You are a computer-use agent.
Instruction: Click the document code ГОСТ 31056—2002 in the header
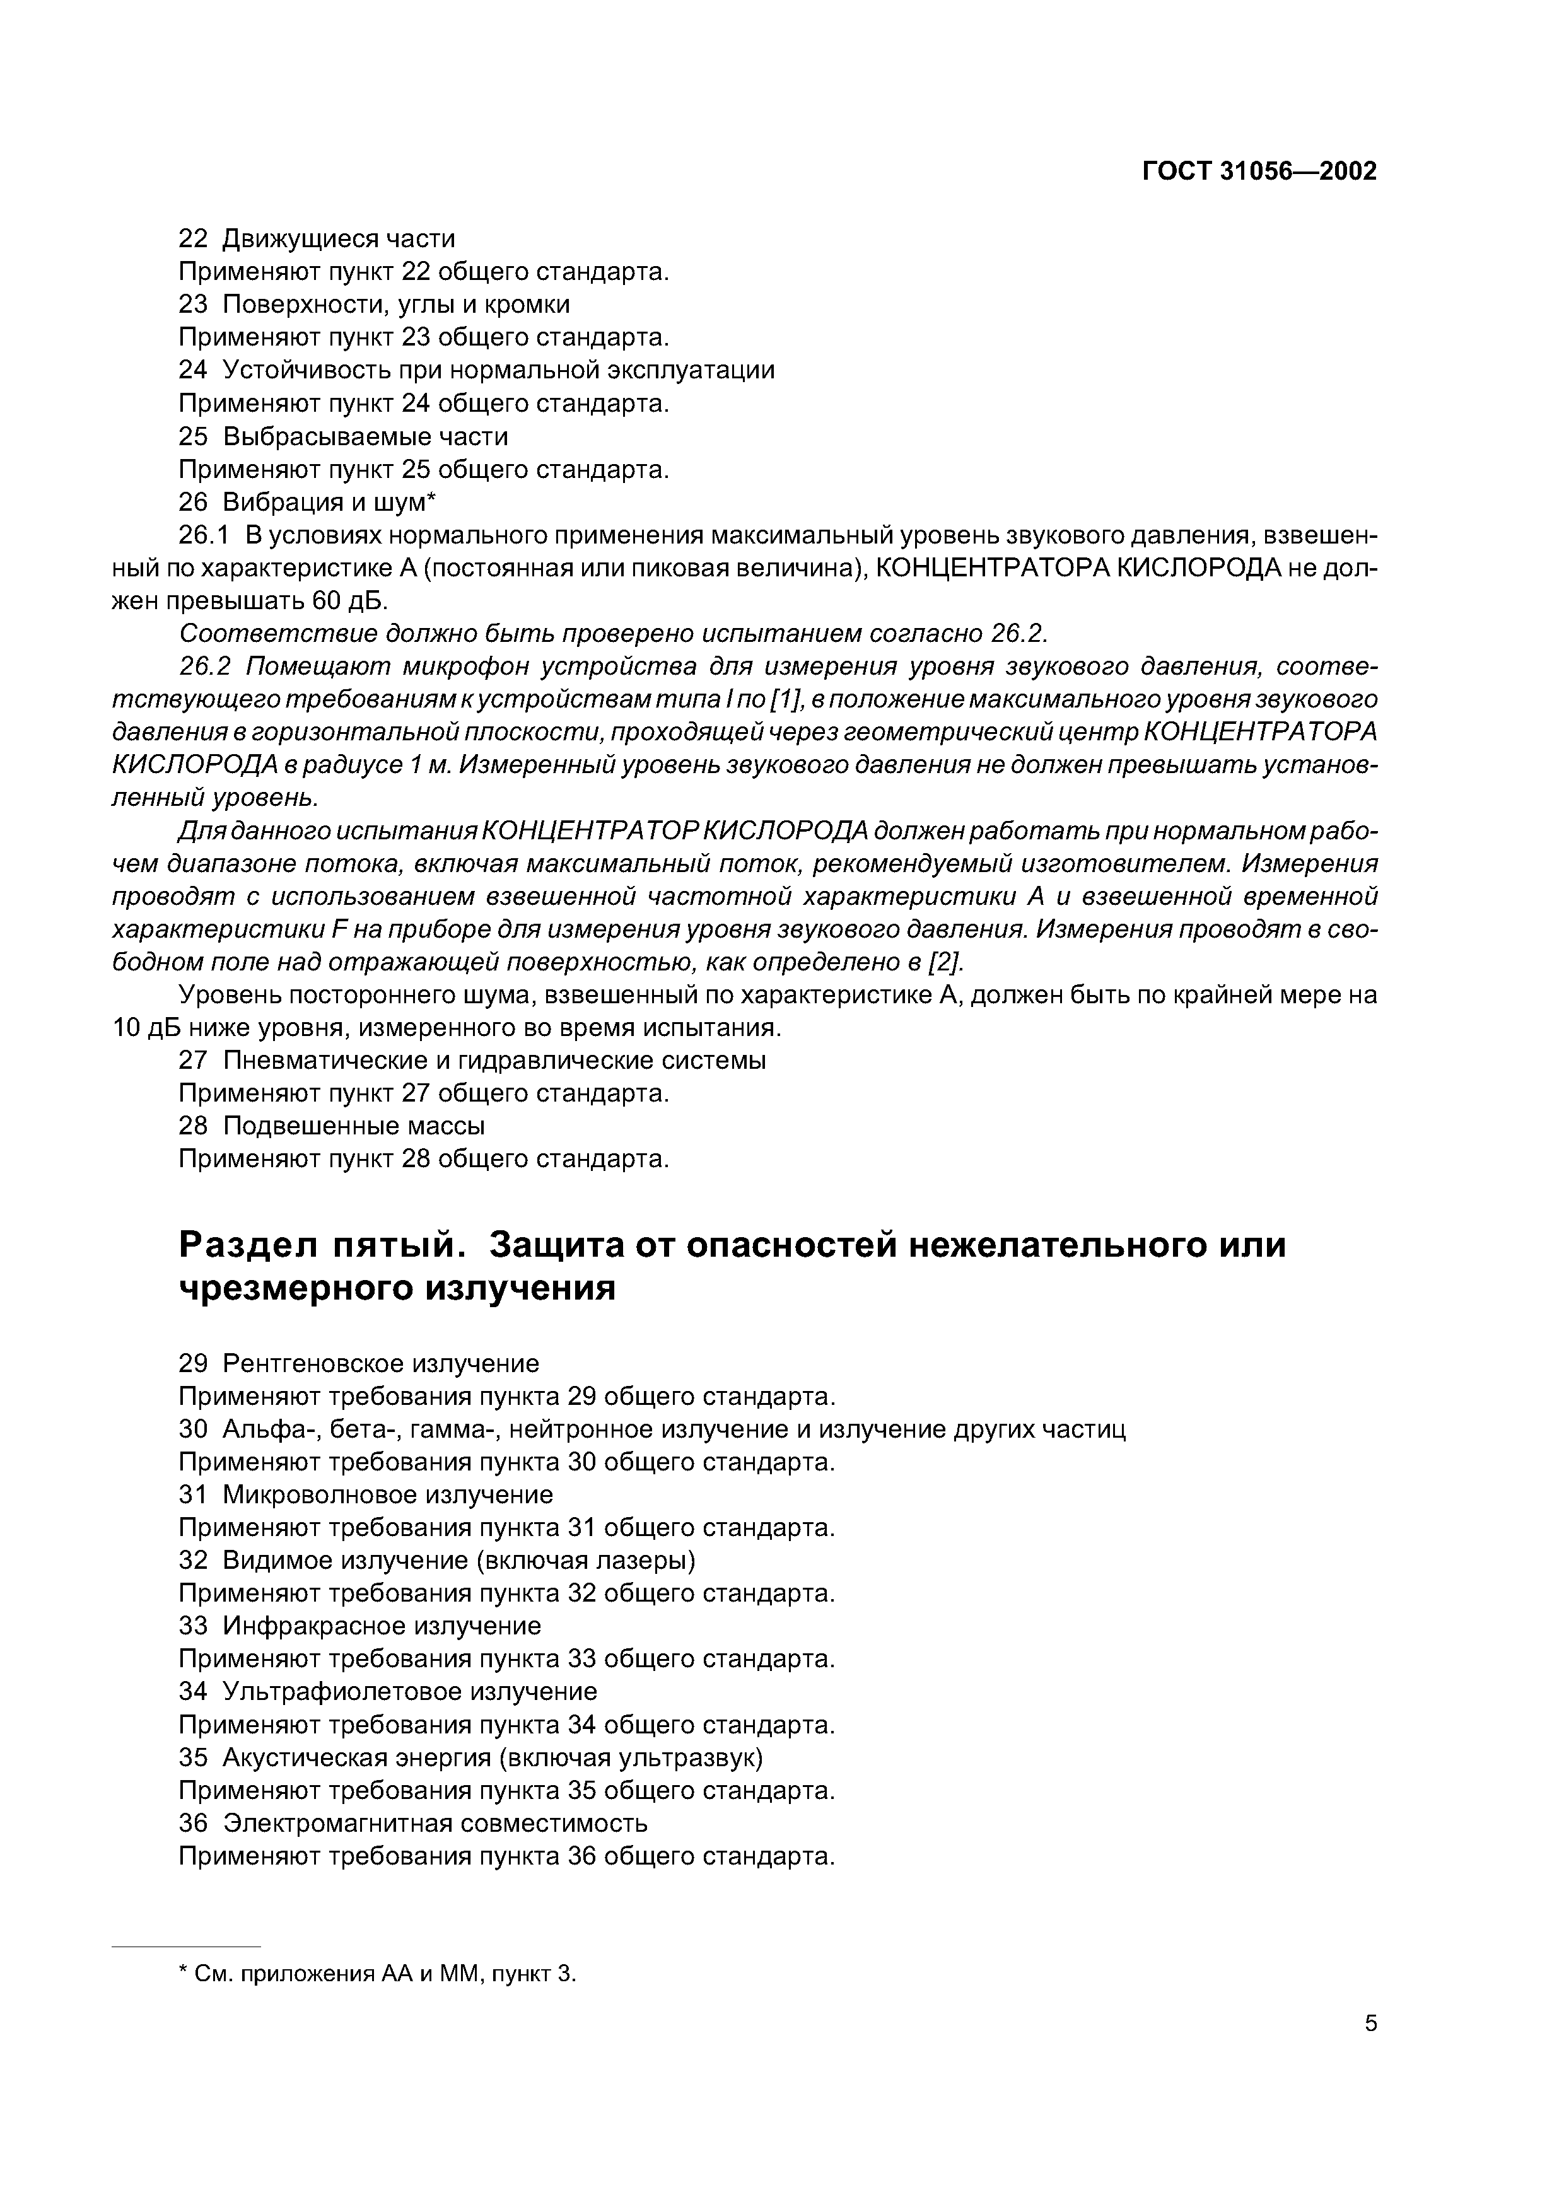[1259, 172]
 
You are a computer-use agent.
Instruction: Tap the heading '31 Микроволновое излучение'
[366, 1494]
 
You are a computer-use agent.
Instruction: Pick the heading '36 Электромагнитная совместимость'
[412, 1823]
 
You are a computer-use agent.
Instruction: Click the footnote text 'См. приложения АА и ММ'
[337, 1974]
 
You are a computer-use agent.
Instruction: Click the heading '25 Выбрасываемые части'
[343, 436]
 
